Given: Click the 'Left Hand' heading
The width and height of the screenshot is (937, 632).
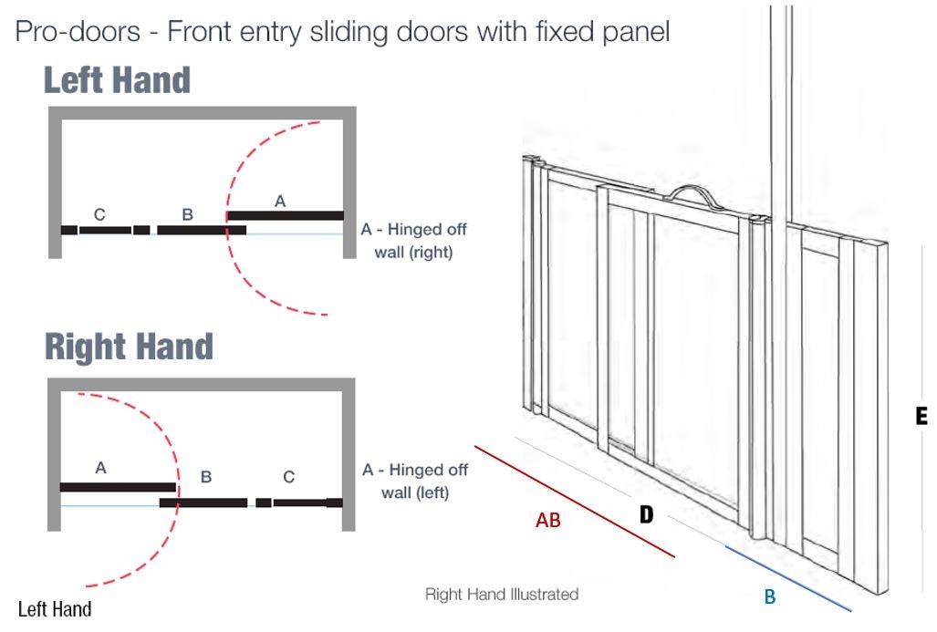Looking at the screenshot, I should (x=117, y=80).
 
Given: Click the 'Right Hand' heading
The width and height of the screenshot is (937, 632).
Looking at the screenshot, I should (x=129, y=347).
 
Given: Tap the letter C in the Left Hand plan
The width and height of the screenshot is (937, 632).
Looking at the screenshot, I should (x=99, y=215).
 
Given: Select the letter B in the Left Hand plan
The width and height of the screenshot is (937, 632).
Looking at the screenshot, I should (x=187, y=215).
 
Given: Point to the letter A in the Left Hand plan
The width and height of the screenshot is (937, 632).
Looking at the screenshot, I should (x=280, y=202).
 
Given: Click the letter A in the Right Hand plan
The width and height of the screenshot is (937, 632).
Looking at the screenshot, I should (x=100, y=468).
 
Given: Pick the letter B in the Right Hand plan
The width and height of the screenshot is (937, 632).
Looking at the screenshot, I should (x=206, y=476).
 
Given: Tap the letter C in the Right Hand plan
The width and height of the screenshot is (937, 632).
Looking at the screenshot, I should (x=288, y=476).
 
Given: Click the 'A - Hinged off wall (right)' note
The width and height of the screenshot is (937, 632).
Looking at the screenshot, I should (x=413, y=241).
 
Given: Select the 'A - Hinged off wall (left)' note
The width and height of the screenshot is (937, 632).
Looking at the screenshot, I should (x=415, y=482).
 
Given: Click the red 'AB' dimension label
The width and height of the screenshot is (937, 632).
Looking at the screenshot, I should (x=547, y=521).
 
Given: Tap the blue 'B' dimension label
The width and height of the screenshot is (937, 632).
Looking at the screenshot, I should (x=770, y=597).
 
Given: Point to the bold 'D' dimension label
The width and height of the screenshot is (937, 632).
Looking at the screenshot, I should (x=646, y=515).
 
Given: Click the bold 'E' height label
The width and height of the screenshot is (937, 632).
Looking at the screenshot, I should (x=921, y=416).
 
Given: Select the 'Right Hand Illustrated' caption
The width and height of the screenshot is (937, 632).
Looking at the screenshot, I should (x=502, y=595).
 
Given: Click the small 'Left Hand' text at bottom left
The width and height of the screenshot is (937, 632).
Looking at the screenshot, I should (x=55, y=609).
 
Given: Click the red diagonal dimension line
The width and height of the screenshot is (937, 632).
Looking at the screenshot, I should (x=575, y=501).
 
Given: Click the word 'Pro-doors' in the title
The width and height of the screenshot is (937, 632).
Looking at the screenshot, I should (x=78, y=32).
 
